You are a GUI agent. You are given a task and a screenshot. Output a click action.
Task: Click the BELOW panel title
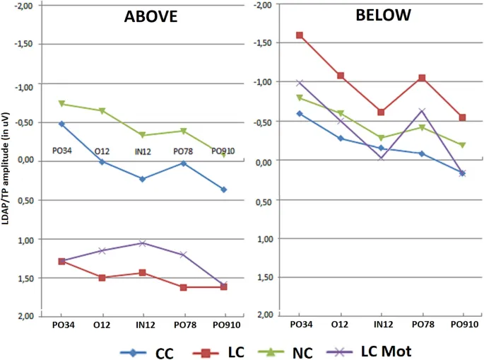point(381,15)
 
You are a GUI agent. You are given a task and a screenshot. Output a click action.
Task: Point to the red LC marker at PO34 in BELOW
point(300,35)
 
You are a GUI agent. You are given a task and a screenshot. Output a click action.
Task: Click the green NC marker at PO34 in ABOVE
point(61,104)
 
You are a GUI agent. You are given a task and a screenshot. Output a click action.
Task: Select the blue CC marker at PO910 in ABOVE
point(224,190)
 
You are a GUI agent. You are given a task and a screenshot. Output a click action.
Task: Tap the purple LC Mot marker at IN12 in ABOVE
point(143,243)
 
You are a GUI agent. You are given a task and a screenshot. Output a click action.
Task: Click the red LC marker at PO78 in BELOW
point(423,78)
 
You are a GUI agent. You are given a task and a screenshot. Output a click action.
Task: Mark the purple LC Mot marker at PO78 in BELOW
point(423,111)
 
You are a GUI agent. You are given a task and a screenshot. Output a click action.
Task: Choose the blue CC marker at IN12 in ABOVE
point(143,179)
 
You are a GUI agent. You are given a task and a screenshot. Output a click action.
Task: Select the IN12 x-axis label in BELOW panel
point(382,325)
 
